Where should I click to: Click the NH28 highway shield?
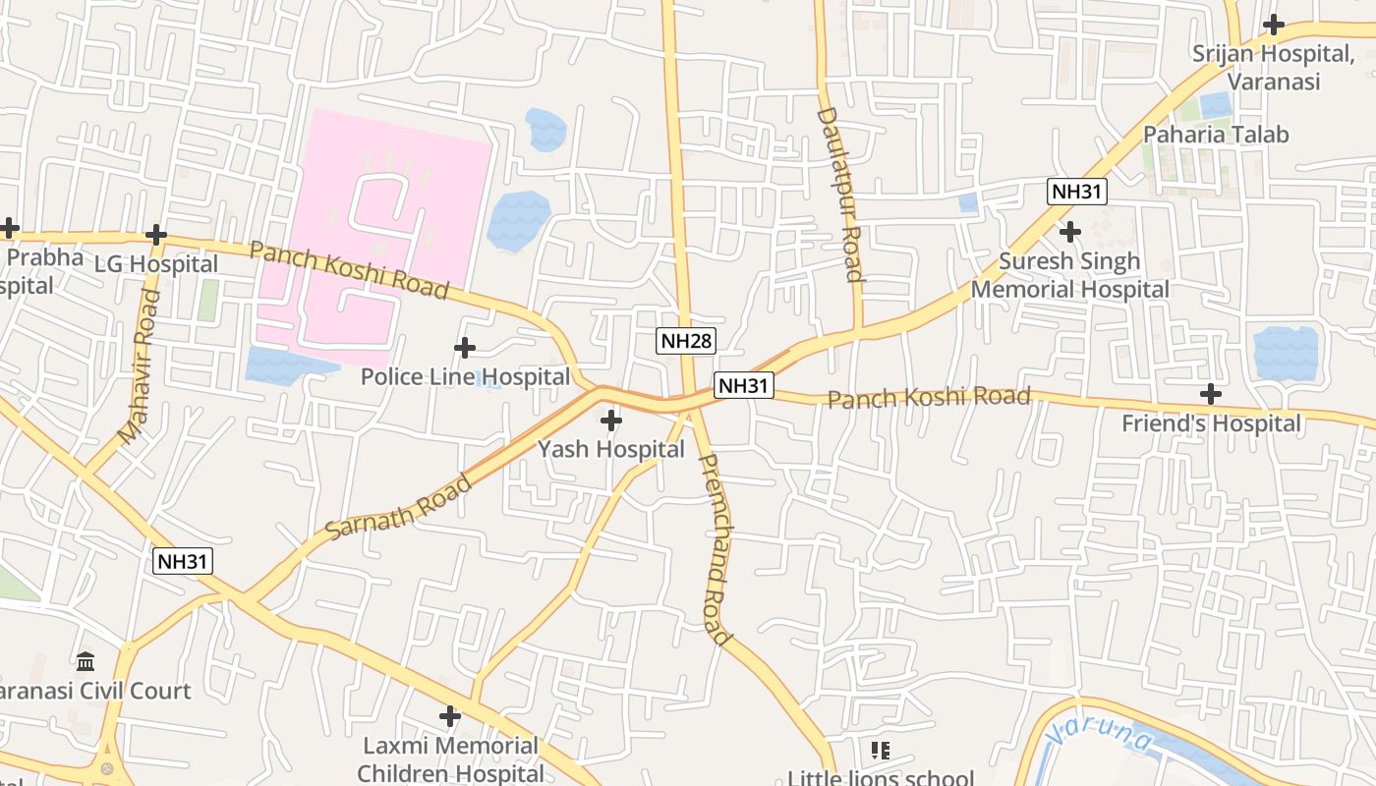(686, 341)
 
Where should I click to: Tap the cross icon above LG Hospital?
(155, 235)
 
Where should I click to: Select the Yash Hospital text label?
(610, 449)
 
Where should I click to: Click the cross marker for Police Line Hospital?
(464, 348)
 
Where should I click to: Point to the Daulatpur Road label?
(839, 195)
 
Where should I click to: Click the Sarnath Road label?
(399, 507)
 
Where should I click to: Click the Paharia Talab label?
(1216, 135)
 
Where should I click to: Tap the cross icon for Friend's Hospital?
(1211, 394)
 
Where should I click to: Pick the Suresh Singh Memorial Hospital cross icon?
(1069, 232)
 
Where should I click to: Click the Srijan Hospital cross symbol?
(1274, 25)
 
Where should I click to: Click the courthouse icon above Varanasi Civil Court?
(86, 661)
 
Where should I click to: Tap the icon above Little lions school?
(880, 751)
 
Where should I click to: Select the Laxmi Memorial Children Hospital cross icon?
(449, 716)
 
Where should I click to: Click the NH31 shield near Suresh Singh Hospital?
(1077, 192)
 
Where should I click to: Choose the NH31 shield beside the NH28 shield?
(743, 385)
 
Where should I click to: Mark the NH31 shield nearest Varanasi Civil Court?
(183, 561)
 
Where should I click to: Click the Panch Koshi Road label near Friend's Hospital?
(928, 397)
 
